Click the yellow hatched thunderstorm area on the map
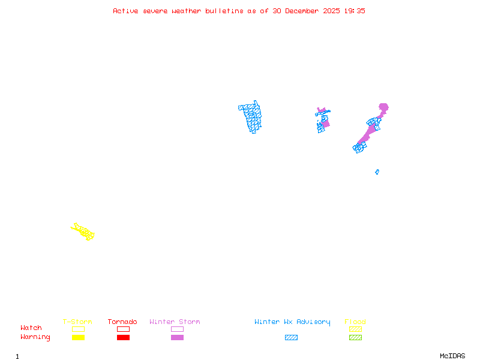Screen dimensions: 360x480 tap(83, 231)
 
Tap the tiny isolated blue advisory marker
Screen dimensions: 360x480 tap(377, 172)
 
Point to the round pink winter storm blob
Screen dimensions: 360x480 tap(383, 107)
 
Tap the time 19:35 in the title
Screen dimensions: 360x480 tap(355, 11)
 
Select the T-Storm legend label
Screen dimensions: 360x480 tap(77, 322)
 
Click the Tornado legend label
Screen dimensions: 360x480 tap(122, 322)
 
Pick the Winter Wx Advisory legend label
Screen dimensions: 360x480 tap(292, 322)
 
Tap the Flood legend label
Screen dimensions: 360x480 tap(355, 322)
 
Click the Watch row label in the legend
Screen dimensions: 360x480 tap(31, 328)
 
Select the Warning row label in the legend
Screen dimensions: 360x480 tap(35, 337)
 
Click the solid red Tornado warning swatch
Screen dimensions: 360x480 tap(123, 337)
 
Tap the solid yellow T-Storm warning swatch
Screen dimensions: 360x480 tap(78, 337)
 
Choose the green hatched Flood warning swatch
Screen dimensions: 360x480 tap(355, 337)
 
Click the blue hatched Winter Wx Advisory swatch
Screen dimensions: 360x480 tap(291, 337)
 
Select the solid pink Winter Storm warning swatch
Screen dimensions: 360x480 tap(177, 337)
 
